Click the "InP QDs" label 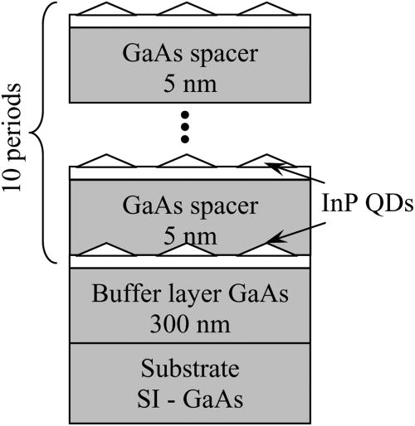[358, 202]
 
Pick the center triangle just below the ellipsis [186, 160]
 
